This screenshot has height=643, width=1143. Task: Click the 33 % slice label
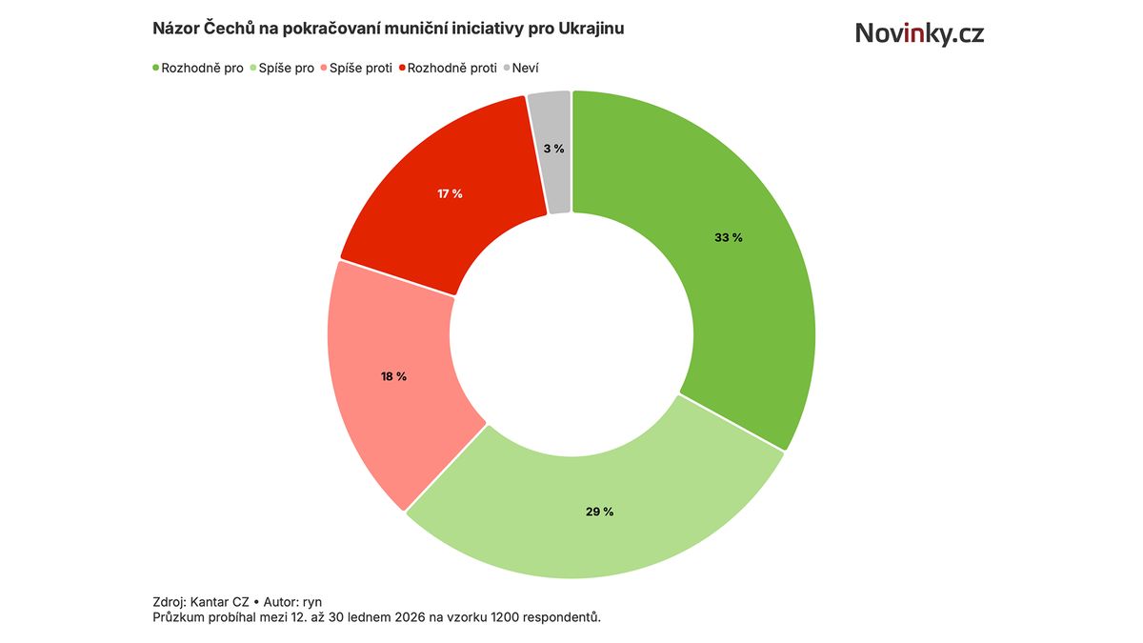coord(728,237)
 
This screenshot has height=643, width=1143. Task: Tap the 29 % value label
coord(599,512)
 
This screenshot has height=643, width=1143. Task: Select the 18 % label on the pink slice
coord(393,376)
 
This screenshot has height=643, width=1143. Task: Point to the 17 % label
coord(450,193)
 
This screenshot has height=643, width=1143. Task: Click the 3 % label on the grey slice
coord(553,149)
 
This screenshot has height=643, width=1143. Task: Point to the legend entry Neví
coord(526,69)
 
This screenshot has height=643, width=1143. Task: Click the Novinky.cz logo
coord(918,33)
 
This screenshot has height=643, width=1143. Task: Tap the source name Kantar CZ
coord(219,602)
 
